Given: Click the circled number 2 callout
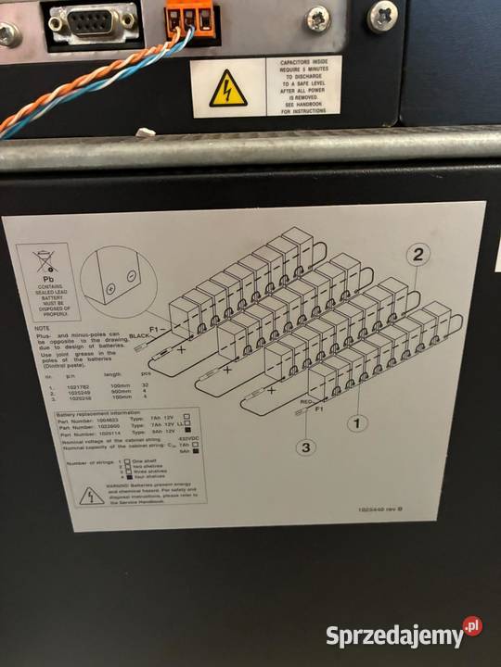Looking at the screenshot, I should tap(419, 255).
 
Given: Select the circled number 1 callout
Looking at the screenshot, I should tap(353, 423).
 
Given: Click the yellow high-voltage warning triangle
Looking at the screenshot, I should tap(228, 88).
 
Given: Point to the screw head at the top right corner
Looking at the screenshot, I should tap(382, 16).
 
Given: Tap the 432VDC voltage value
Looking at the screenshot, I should tap(190, 437).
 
